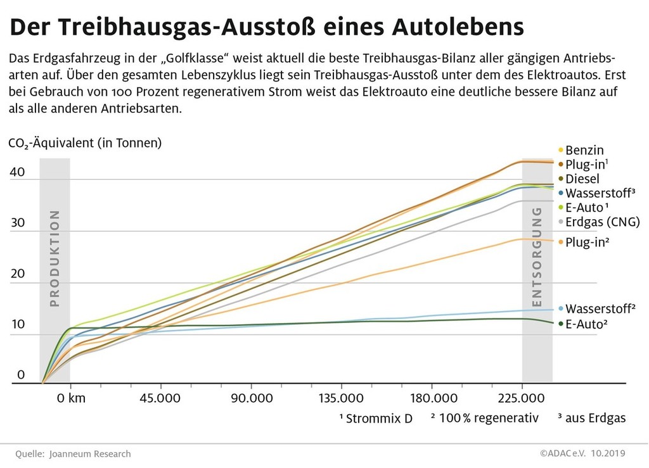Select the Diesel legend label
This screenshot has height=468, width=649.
582,179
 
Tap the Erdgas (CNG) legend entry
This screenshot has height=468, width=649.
603,222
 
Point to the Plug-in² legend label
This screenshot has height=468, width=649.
587,241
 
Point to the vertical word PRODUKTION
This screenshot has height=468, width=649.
55,258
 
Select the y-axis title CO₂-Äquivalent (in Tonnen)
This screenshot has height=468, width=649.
85,143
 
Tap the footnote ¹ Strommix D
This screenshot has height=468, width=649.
376,418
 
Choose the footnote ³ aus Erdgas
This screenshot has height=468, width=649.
591,418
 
